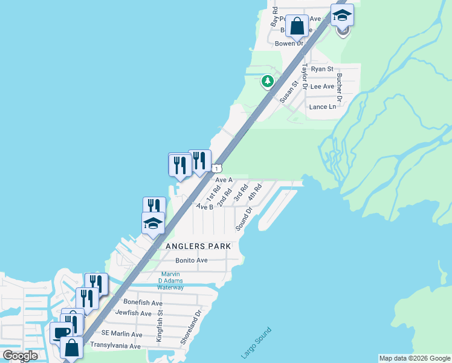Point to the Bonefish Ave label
(143, 302)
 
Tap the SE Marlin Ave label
(121, 334)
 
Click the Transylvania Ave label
(115, 345)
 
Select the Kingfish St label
(160, 327)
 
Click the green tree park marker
(266, 80)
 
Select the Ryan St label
(322, 69)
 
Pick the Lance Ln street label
(322, 106)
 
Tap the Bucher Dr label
(339, 87)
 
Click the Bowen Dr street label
(289, 44)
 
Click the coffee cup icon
(61, 333)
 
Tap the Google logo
(21, 356)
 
